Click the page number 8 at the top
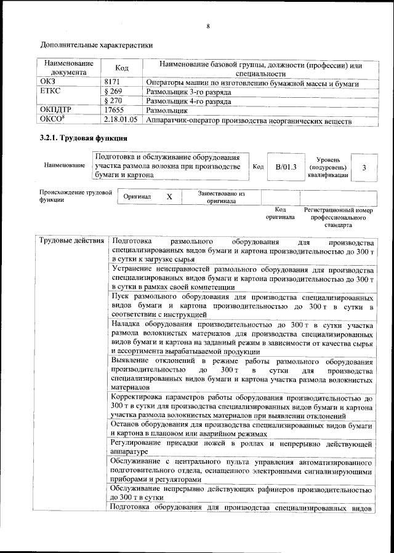pos(208,26)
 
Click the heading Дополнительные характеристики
pos(96,45)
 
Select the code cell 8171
pos(111,82)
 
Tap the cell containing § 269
pos(114,91)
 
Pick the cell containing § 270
pos(114,101)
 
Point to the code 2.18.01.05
pos(121,121)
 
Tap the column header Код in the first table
pos(122,68)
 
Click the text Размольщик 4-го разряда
pos(188,101)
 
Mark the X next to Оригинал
pos(170,197)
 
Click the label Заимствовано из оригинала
pos(222,197)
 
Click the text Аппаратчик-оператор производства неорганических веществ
pos(249,121)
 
